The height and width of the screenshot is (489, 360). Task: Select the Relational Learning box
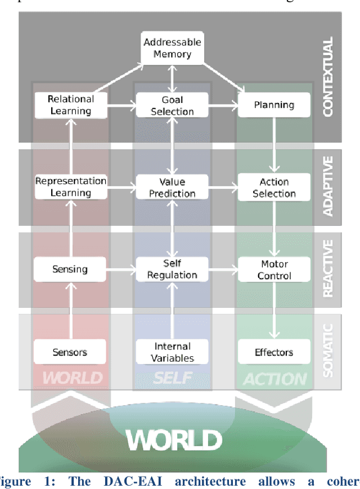(71, 105)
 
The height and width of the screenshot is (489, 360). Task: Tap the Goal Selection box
(172, 105)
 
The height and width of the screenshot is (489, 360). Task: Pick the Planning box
(273, 105)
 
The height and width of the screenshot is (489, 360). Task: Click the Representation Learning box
(71, 187)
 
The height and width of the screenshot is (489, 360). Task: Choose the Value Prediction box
(172, 187)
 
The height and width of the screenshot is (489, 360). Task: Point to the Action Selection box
(274, 187)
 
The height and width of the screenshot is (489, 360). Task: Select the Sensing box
(70, 269)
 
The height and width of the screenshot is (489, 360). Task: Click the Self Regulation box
(172, 269)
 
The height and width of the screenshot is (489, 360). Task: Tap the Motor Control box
(274, 270)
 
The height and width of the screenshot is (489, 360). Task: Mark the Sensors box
(70, 352)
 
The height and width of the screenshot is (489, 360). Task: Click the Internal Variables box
(172, 352)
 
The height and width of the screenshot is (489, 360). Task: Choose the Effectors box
(274, 352)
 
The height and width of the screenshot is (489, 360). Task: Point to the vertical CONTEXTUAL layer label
(328, 76)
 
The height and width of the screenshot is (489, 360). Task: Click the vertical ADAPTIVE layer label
(328, 186)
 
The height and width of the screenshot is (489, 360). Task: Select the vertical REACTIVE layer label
(328, 269)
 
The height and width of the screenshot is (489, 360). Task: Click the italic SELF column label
(173, 378)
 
